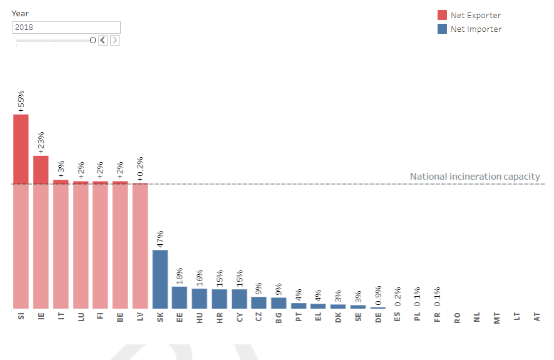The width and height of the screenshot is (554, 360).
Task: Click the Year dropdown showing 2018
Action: [66, 28]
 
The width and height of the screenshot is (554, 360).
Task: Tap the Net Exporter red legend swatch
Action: [442, 15]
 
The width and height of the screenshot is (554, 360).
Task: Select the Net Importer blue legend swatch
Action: [442, 29]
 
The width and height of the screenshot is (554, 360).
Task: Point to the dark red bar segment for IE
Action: [41, 169]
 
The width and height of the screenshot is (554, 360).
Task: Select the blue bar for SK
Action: [160, 279]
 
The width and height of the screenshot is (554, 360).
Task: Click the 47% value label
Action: [160, 238]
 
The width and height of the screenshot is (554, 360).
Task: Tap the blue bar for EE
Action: [180, 297]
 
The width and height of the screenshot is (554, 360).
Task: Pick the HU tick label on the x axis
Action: [200, 318]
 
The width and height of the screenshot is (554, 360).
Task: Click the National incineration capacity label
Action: [474, 177]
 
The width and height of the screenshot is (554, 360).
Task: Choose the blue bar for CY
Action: [239, 299]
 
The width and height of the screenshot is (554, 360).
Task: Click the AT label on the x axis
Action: [536, 318]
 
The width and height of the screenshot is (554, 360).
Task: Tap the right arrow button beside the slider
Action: [115, 40]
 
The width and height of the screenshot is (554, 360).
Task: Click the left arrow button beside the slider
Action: [103, 40]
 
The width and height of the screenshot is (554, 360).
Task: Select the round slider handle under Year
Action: [93, 40]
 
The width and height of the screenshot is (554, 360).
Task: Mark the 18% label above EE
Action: [180, 274]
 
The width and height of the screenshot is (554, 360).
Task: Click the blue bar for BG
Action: [279, 303]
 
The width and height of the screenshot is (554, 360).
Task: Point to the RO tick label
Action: [457, 318]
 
